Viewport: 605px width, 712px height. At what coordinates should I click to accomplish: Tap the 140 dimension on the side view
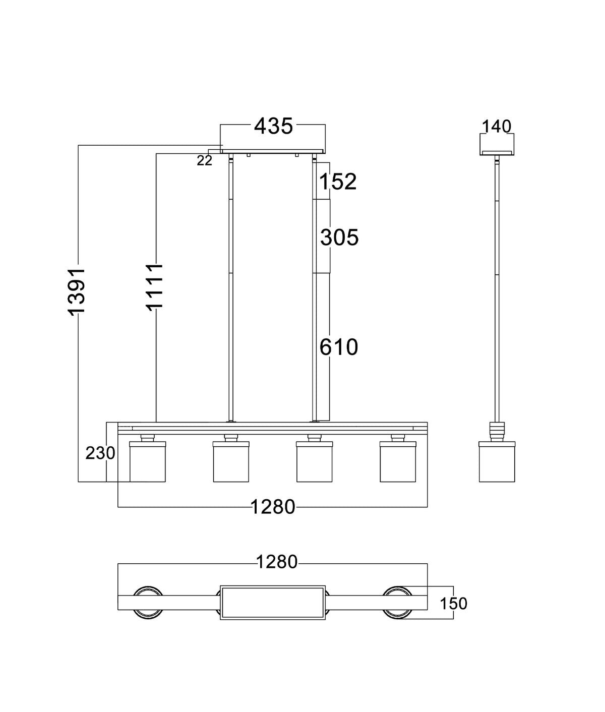click(x=496, y=127)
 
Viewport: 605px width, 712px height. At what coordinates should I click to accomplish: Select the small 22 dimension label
click(x=204, y=160)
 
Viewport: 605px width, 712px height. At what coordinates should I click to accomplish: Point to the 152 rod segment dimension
click(x=338, y=182)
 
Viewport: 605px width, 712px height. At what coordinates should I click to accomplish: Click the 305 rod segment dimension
click(x=339, y=238)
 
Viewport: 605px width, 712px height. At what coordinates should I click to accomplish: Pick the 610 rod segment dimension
click(x=338, y=347)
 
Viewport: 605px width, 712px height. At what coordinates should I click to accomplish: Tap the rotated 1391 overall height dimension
click(x=76, y=291)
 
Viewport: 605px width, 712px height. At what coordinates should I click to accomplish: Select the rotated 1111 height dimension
click(x=154, y=287)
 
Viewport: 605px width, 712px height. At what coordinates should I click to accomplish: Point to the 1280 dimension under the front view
click(x=273, y=507)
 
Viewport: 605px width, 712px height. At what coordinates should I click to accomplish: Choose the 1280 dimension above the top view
click(x=277, y=562)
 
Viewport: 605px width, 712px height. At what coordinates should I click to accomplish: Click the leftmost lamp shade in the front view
click(x=147, y=462)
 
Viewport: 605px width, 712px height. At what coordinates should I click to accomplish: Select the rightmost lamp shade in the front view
click(x=398, y=462)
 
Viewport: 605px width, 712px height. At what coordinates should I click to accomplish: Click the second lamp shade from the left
click(x=231, y=462)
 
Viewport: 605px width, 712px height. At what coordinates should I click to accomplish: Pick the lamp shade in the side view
click(x=497, y=462)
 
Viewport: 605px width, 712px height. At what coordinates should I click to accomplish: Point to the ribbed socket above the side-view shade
click(x=497, y=432)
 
